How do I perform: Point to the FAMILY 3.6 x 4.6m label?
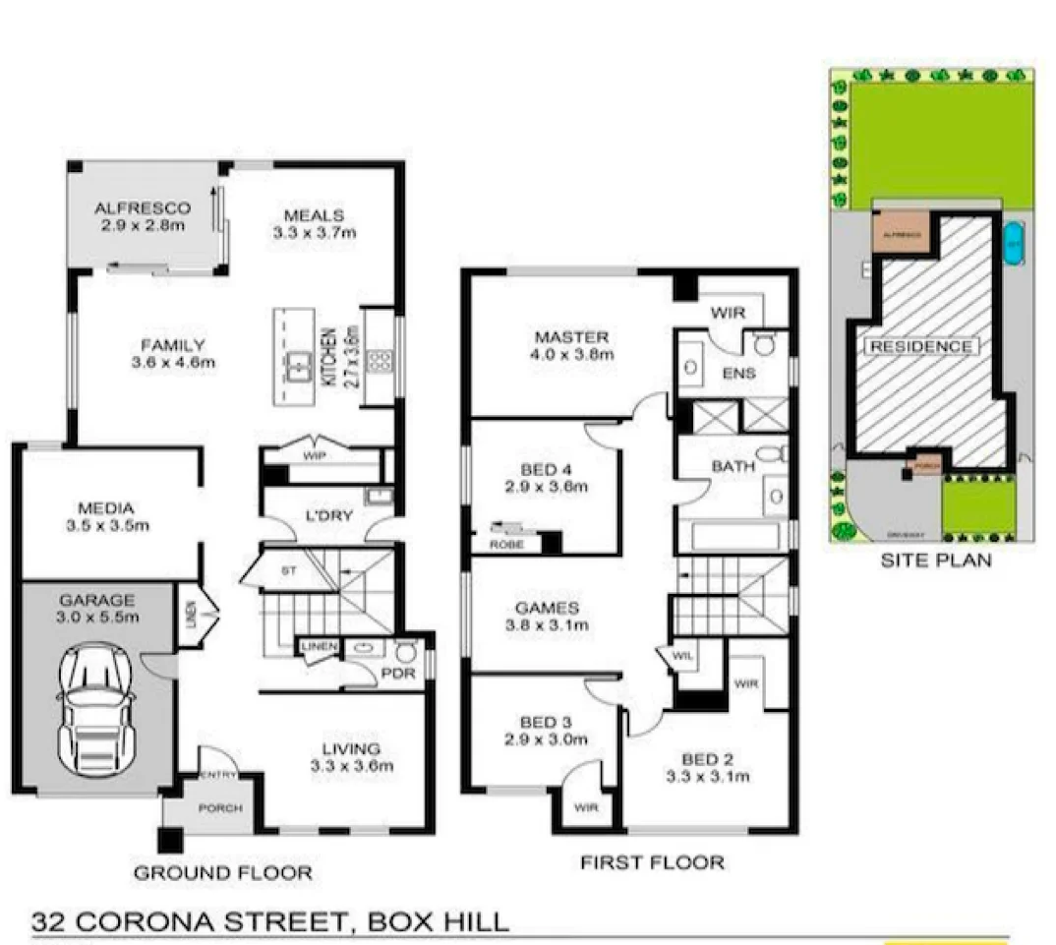[172, 353]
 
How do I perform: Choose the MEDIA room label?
[105, 516]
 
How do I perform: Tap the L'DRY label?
[329, 515]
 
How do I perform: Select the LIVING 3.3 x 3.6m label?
[351, 757]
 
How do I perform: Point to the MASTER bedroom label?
[572, 345]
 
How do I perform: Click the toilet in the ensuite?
[763, 343]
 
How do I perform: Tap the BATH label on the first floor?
[733, 466]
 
